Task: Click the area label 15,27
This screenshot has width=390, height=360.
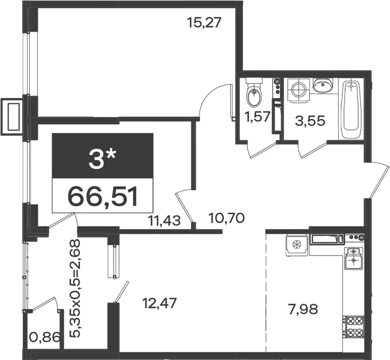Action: point(204,23)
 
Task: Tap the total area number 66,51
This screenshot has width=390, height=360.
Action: point(102,197)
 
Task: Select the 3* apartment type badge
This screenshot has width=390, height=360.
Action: point(102,155)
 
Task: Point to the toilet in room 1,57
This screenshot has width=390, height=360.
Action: point(254,93)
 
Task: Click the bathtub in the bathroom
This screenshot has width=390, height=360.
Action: point(351,109)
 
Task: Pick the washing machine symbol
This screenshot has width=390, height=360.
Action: point(299,90)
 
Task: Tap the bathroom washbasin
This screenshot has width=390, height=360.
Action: point(323,86)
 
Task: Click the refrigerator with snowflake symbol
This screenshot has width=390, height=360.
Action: point(297,245)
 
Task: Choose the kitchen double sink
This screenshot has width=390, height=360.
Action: point(353,258)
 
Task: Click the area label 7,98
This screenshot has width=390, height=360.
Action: point(303,310)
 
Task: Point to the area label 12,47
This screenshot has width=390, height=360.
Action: point(160,303)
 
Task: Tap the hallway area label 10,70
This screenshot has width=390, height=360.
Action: point(227,218)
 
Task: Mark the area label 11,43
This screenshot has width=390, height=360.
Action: point(164,220)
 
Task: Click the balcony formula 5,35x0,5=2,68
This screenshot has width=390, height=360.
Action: point(75,289)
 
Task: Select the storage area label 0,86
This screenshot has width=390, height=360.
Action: point(45,337)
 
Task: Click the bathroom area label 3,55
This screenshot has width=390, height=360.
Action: point(310,121)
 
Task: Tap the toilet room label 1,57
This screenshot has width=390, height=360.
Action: point(257,116)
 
